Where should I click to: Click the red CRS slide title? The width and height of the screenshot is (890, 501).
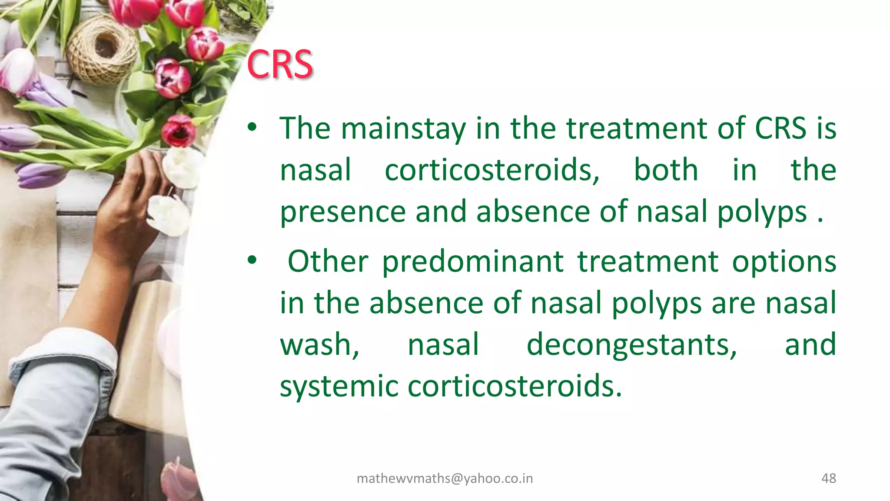280,64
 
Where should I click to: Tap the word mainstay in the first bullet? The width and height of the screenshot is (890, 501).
403,128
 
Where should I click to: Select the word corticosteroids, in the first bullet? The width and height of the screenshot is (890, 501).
492,170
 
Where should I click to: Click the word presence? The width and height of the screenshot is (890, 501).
343,212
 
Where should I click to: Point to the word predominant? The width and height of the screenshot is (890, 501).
473,262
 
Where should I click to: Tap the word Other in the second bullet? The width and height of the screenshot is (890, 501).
328,262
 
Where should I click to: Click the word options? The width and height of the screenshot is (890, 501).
784,262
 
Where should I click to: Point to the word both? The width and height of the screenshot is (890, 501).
666,170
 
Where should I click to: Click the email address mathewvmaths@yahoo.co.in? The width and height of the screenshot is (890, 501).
445,478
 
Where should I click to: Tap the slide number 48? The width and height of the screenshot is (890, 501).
828,478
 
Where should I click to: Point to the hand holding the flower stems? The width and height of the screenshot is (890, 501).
130,204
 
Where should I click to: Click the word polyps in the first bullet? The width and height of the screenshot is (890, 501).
762,212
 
